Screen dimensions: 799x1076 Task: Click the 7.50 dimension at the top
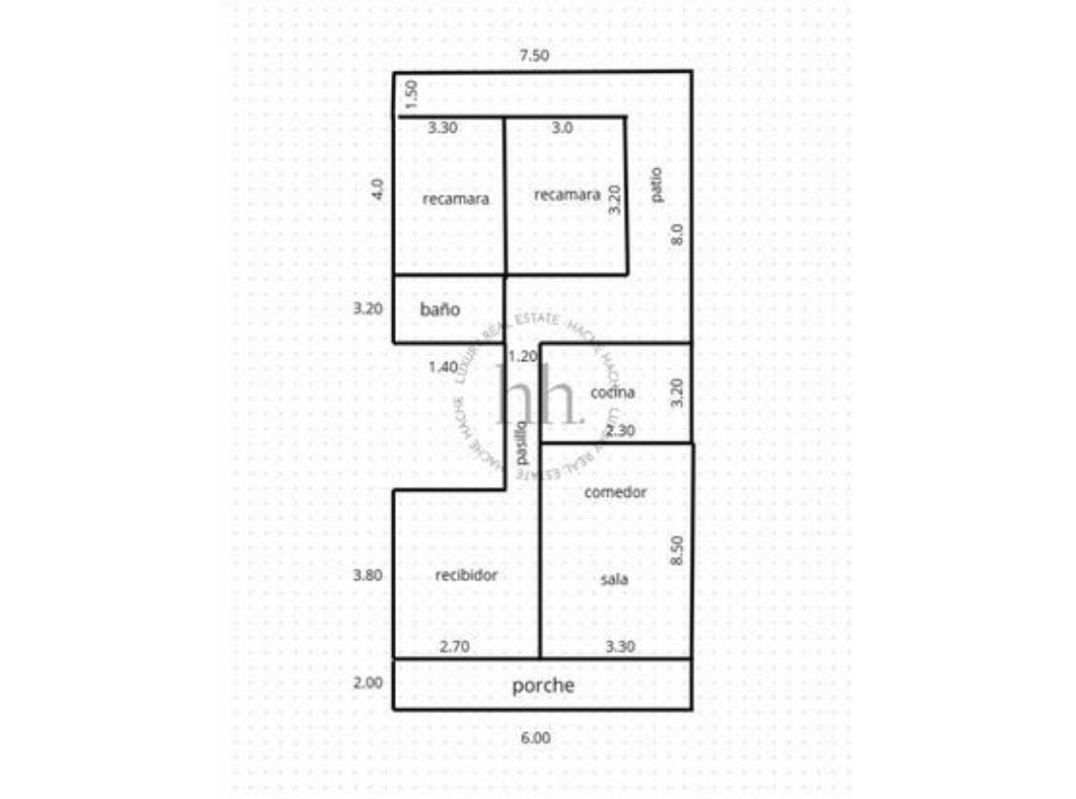click(534, 55)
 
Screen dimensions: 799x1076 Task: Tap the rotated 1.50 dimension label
click(409, 96)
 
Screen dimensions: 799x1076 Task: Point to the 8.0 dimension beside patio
click(676, 233)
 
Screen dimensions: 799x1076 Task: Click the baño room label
click(440, 310)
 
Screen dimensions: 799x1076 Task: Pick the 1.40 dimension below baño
click(444, 367)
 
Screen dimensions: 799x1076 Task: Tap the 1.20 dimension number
click(522, 356)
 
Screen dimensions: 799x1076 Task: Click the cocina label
click(612, 392)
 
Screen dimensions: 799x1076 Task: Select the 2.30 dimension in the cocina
click(621, 431)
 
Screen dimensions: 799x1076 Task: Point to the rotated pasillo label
click(521, 443)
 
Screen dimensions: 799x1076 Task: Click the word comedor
click(615, 492)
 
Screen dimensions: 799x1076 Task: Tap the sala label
click(614, 578)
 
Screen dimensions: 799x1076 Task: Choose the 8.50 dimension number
click(676, 551)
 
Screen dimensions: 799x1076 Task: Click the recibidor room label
click(466, 575)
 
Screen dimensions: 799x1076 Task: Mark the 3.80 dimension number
click(368, 575)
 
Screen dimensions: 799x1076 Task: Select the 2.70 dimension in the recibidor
click(453, 647)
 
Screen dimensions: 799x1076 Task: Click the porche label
click(543, 685)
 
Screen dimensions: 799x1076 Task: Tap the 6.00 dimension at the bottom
click(536, 738)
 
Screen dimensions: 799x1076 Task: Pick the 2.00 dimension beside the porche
click(368, 683)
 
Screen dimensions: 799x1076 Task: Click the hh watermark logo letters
click(538, 395)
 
